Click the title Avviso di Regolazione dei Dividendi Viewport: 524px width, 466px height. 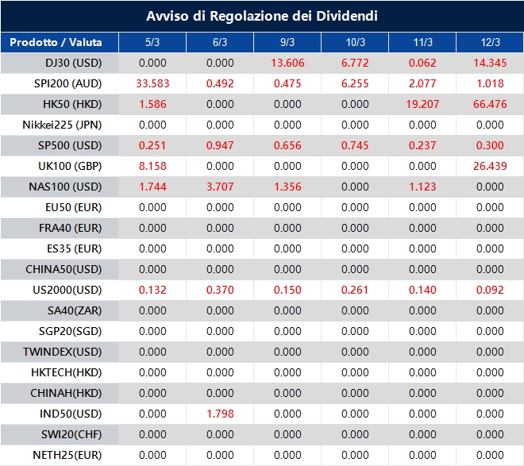point(262,16)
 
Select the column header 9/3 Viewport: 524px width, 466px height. point(287,42)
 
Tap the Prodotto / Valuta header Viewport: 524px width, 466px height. point(56,42)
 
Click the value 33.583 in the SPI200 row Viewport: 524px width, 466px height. point(152,83)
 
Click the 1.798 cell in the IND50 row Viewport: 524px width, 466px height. point(220,414)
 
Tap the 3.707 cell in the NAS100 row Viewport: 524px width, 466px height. point(220,187)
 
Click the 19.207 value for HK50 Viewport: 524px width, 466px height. point(422,104)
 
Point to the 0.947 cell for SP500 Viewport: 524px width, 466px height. point(220,145)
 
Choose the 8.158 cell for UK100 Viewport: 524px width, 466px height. point(152,166)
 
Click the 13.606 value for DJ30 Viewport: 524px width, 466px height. point(287,63)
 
